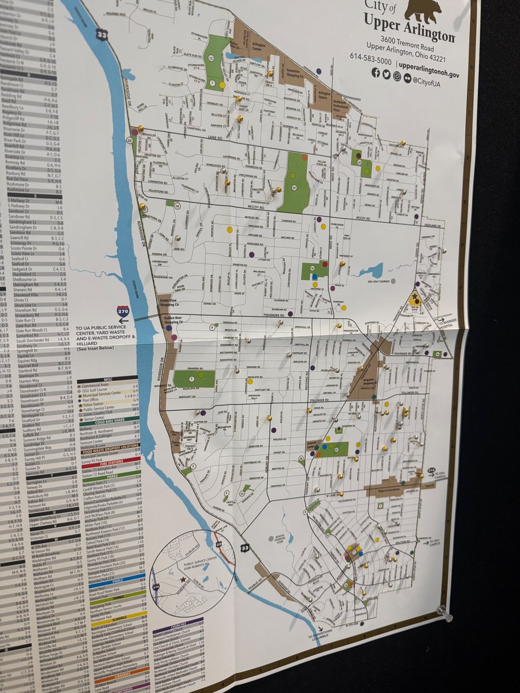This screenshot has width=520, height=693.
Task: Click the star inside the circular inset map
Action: (183, 579)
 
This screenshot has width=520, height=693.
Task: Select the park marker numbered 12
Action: (211, 58)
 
